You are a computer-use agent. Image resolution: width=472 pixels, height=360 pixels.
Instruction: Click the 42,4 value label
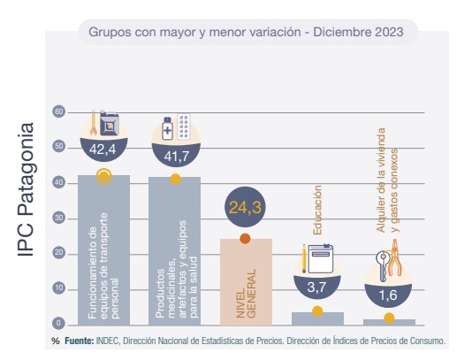coord(103,149)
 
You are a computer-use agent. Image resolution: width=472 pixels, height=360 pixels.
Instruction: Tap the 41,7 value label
coord(177,156)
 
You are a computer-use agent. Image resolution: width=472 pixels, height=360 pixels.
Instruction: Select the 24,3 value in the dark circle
coord(245,208)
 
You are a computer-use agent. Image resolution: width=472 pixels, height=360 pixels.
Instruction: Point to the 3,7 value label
coord(316,287)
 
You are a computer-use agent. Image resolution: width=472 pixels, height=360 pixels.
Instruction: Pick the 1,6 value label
coord(388,295)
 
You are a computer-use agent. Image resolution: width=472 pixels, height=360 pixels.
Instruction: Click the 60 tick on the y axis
coord(58,112)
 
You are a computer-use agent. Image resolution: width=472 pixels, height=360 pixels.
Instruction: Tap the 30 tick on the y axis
coord(58,218)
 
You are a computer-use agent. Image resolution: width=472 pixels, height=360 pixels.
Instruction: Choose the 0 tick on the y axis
coord(58,324)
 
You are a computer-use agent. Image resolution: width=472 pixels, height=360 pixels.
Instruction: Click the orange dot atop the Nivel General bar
coord(245,239)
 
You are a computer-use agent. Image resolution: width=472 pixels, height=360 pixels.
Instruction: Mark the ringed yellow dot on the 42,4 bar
coord(103,176)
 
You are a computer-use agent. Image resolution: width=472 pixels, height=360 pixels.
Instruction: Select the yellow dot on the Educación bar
coord(317,311)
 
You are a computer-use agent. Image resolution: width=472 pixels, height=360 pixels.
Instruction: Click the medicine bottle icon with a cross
coord(167,128)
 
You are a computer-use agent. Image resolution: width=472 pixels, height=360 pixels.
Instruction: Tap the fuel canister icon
coord(110,123)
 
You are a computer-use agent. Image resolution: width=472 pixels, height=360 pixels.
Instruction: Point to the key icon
coord(383,266)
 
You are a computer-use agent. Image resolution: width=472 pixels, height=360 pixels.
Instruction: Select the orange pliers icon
coord(395,258)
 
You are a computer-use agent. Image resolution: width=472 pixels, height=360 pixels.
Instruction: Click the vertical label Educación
coord(317,210)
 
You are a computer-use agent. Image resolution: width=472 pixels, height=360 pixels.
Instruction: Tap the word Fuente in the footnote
coord(80,341)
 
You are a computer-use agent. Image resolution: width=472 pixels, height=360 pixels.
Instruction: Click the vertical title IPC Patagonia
coord(27,189)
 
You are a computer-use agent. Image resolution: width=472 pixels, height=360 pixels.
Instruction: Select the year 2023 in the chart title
coord(389,32)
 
